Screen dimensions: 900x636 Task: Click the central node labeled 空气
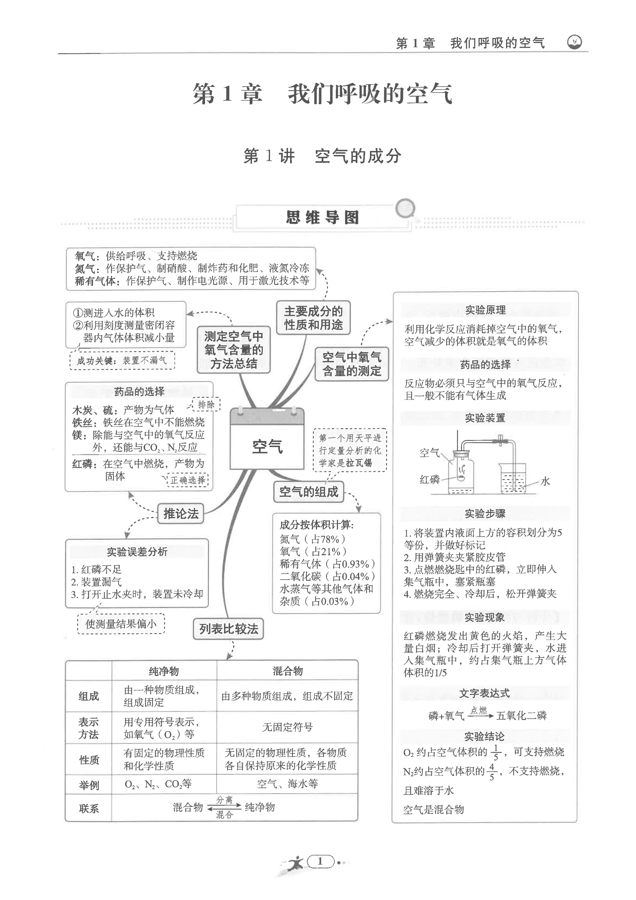click(x=267, y=446)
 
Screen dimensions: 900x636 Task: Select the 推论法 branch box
click(x=181, y=514)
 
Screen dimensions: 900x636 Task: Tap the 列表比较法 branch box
click(x=228, y=629)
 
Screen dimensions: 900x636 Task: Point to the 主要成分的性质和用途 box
click(x=313, y=318)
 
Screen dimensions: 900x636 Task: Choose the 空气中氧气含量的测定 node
click(x=352, y=364)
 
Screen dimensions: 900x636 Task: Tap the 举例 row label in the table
click(x=88, y=785)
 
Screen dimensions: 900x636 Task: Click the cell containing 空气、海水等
click(x=287, y=784)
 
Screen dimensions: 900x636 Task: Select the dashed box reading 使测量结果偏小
click(x=121, y=624)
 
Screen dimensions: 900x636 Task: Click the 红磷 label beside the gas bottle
click(x=430, y=480)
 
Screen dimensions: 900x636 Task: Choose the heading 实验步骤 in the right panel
click(x=485, y=514)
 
